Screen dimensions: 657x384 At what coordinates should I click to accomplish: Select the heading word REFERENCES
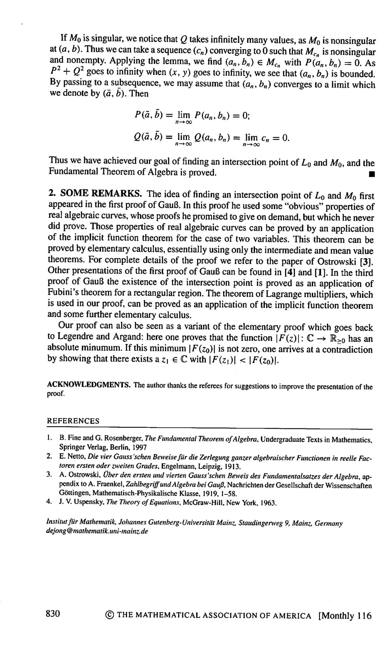[73, 421]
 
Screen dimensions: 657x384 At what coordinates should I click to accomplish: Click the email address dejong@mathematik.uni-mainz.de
[97, 531]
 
